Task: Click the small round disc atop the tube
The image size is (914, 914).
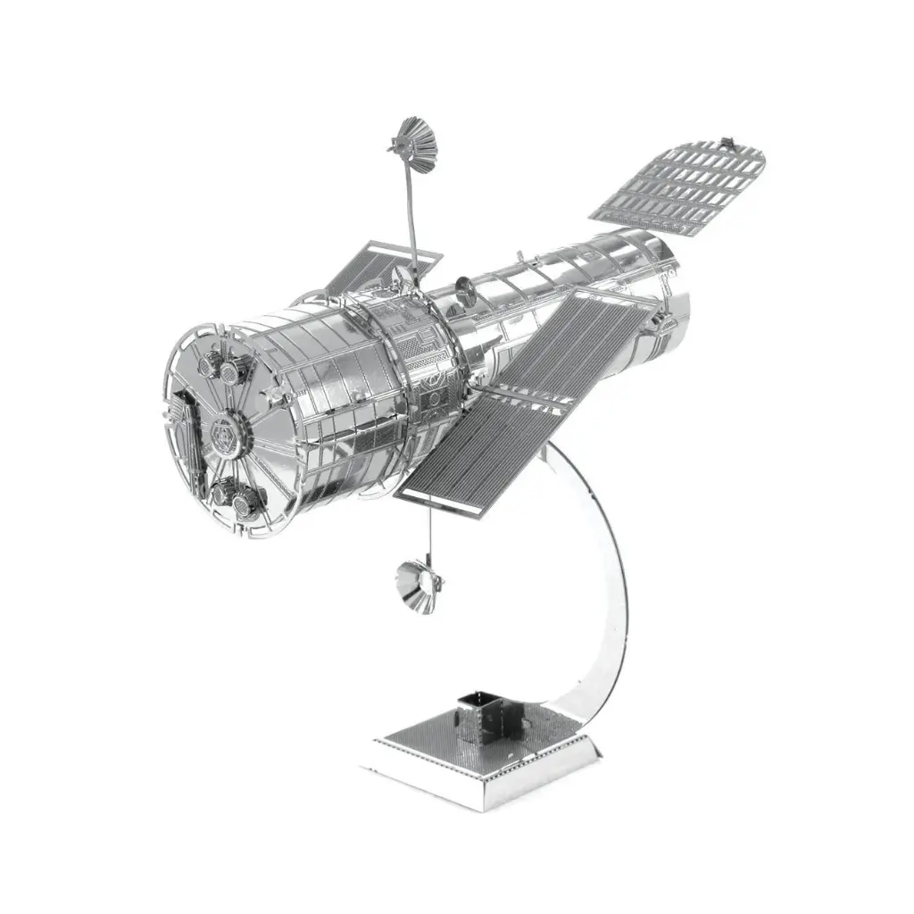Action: (x=464, y=287)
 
